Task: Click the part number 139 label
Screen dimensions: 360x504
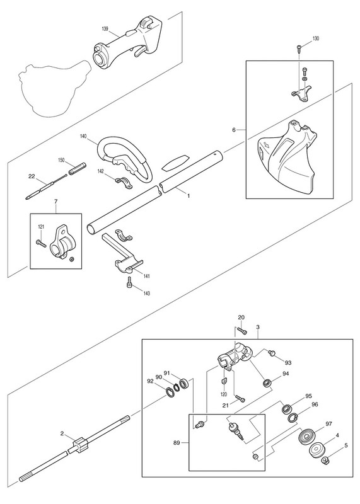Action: (x=105, y=29)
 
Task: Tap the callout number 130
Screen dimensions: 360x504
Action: (x=316, y=38)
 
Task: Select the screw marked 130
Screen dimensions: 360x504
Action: (x=299, y=49)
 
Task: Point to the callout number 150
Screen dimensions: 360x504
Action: (x=61, y=160)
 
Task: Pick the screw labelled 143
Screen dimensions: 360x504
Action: (x=129, y=281)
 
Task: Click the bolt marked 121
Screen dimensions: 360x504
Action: (x=42, y=243)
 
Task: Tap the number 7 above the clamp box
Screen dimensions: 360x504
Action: (x=55, y=202)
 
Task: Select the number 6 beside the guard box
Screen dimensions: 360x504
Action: (x=234, y=130)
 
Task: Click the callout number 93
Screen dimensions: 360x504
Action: (x=288, y=363)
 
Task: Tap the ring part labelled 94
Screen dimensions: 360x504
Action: (x=267, y=383)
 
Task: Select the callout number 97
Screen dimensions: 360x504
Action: (x=328, y=424)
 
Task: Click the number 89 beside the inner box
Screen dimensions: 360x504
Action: (x=177, y=443)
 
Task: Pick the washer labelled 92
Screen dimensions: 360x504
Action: (x=169, y=391)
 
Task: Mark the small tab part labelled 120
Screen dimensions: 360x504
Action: (x=224, y=381)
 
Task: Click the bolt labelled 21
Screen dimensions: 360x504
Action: (x=240, y=399)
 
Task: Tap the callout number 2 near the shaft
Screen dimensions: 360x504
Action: (x=62, y=433)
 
